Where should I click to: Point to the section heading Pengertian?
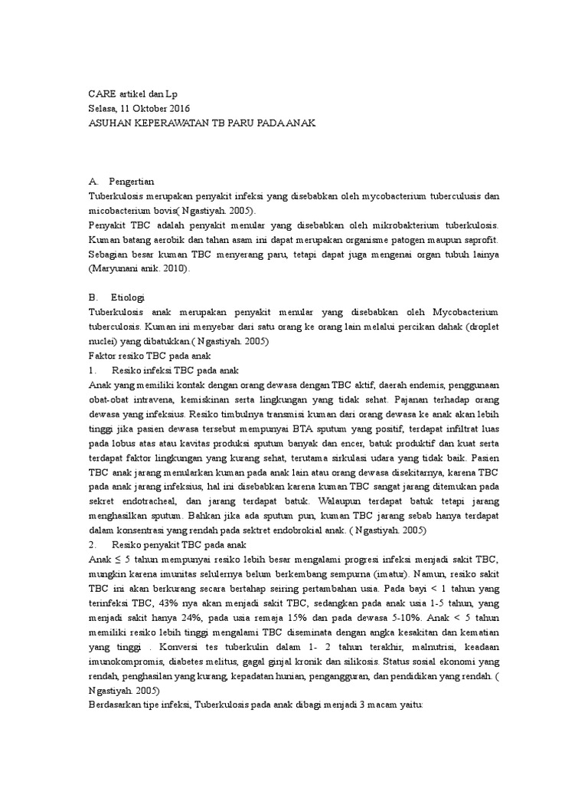click(133, 182)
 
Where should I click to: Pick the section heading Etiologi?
click(128, 297)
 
